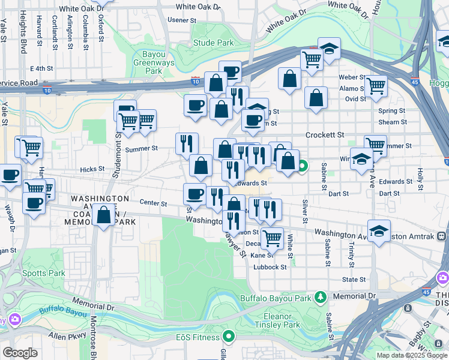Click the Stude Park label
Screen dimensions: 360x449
coord(214,43)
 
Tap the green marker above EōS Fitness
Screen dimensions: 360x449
coord(228,336)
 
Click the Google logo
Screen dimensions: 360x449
coord(20,353)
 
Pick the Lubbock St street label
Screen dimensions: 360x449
coord(270,267)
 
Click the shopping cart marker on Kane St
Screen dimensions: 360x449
coord(273,238)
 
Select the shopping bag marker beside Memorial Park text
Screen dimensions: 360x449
coord(104,215)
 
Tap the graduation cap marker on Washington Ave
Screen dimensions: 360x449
coord(379,232)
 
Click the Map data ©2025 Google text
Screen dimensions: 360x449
coord(411,355)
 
